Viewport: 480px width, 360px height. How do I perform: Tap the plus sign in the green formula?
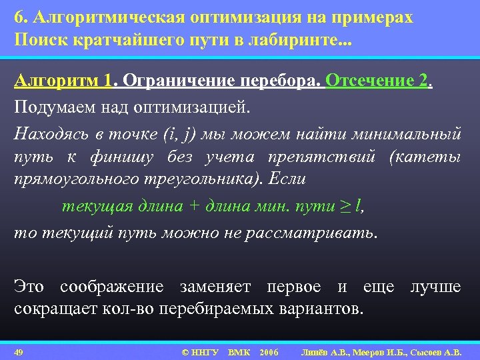194,206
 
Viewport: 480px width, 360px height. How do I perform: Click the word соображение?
111,287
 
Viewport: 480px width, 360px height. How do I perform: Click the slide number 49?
19,351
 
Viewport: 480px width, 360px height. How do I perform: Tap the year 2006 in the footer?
269,351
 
